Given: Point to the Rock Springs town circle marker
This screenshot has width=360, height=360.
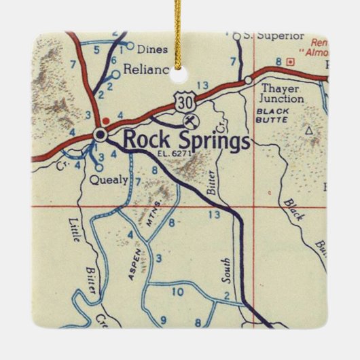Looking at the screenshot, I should click(101, 135).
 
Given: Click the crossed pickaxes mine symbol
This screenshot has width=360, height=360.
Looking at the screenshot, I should click(192, 121).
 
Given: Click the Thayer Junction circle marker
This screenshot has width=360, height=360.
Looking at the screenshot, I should click(249, 80).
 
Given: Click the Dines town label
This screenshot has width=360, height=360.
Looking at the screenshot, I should click(151, 49).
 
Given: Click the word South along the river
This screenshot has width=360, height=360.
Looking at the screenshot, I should click(227, 270).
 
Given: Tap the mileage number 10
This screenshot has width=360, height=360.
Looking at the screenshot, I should click(178, 292).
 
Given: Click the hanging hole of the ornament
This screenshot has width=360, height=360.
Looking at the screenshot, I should click(180, 69).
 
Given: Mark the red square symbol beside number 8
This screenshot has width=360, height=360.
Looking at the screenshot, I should click(290, 62).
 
